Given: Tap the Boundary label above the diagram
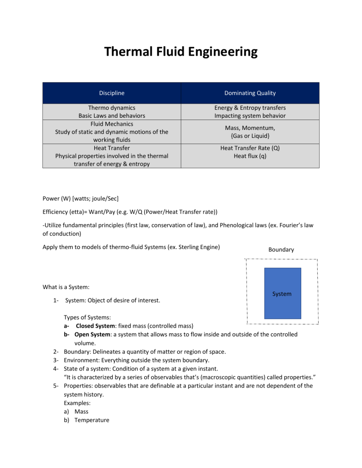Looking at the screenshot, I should click(281, 250).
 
